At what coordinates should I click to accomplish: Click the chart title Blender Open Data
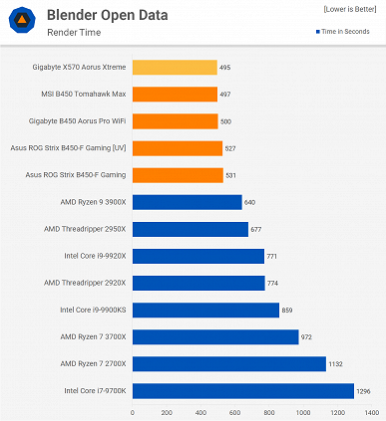pos(107,16)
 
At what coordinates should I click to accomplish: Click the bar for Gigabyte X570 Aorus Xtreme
pos(175,68)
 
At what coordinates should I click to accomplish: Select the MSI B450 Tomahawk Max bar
pos(175,95)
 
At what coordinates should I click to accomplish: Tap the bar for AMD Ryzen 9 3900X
pos(187,202)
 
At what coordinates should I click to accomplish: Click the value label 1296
pos(365,391)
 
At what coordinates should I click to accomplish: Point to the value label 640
pos(252,202)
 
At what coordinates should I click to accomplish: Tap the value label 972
pos(308,337)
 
